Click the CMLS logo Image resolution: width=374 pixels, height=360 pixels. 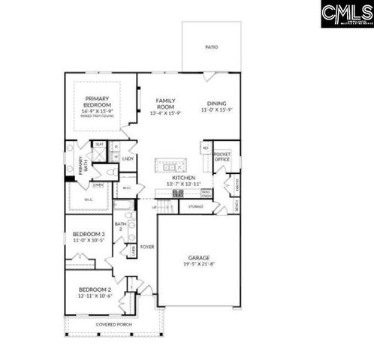[x=347, y=14]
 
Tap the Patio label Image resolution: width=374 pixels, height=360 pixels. [x=212, y=47]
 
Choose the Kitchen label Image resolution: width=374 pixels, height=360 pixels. [x=183, y=178]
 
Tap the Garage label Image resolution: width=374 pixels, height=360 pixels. [x=199, y=258]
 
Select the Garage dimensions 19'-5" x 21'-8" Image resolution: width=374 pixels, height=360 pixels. [x=199, y=265]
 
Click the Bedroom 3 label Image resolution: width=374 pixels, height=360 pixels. [x=89, y=235]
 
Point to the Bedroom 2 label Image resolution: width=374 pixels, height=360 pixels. [x=95, y=289]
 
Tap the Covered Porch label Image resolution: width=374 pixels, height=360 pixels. [x=114, y=324]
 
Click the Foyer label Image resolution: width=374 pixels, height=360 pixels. [x=147, y=246]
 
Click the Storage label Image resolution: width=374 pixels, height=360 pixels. [x=195, y=205]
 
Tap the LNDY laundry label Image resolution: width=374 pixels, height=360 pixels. [x=128, y=158]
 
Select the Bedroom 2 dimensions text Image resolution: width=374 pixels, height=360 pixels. [x=95, y=296]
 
